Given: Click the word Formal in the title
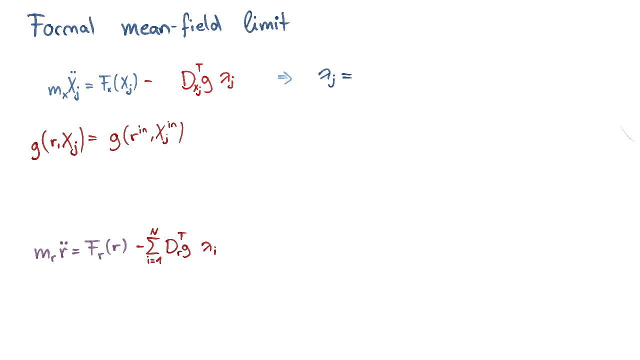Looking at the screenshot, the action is [x=61, y=25].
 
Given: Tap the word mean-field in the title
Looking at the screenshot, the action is [x=171, y=25].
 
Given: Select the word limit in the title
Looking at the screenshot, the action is [x=267, y=22].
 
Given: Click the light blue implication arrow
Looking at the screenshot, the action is [x=285, y=78].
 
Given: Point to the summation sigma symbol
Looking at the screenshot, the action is [x=152, y=246].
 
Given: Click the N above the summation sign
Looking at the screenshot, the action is [x=154, y=231].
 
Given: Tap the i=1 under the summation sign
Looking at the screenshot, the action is [x=154, y=260].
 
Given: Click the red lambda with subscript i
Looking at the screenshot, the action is [x=209, y=248].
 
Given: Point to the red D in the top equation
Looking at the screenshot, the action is [x=188, y=80].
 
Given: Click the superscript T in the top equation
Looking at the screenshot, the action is [x=199, y=67].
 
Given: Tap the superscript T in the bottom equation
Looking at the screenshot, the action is [x=182, y=236].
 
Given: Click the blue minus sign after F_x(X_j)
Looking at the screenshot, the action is [x=148, y=81].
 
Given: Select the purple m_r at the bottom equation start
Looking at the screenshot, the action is [x=45, y=253].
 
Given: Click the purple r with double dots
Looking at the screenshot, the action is [x=63, y=250].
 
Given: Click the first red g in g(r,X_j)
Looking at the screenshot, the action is [x=35, y=148].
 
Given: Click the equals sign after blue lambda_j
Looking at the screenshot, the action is [x=347, y=76].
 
